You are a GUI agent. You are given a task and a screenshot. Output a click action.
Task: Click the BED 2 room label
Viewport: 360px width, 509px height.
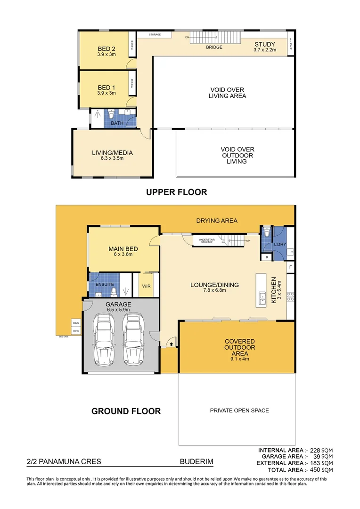click(106, 49)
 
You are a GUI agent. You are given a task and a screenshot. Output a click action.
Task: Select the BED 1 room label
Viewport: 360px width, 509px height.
click(106, 88)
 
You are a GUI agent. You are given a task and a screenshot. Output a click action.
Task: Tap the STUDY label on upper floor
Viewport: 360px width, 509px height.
click(264, 44)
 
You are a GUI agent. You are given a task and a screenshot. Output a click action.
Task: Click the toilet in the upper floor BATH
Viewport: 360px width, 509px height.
click(111, 115)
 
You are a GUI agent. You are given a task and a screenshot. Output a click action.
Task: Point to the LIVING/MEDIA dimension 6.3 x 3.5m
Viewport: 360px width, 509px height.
click(112, 158)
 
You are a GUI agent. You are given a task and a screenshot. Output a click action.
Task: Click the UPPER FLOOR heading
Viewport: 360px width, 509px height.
click(176, 192)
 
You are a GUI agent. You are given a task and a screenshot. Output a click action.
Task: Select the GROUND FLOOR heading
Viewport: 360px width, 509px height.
click(126, 411)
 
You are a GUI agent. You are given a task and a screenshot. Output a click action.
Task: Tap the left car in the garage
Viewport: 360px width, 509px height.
click(103, 339)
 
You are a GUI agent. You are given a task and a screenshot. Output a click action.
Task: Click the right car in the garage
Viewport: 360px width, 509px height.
click(132, 339)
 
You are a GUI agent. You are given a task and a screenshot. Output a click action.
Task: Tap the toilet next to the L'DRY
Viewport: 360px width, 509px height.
click(267, 232)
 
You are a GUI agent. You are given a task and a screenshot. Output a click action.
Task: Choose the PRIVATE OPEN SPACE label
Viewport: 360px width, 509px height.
click(239, 410)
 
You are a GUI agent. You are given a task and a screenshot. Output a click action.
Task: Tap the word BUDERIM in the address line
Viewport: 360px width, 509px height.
click(196, 462)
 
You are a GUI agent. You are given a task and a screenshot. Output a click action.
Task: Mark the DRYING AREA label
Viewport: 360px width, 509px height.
click(217, 221)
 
